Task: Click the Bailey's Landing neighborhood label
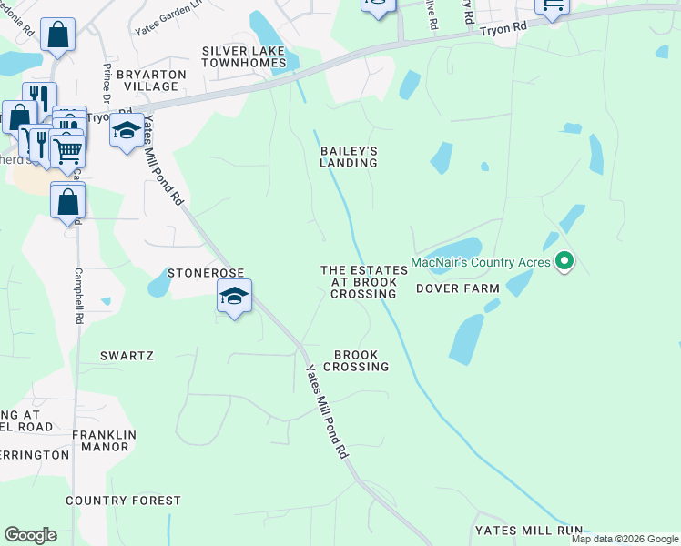point(348,157)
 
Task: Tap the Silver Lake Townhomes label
point(244,56)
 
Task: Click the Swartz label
point(127,356)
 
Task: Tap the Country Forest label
point(124,500)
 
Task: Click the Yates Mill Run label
point(528,530)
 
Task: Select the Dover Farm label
point(457,288)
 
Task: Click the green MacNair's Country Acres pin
point(564,262)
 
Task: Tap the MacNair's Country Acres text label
point(480,262)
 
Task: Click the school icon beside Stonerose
point(234,297)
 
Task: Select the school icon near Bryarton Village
point(127,130)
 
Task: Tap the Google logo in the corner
point(30,535)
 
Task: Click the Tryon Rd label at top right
point(503,29)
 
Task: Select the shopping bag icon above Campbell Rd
point(68,201)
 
